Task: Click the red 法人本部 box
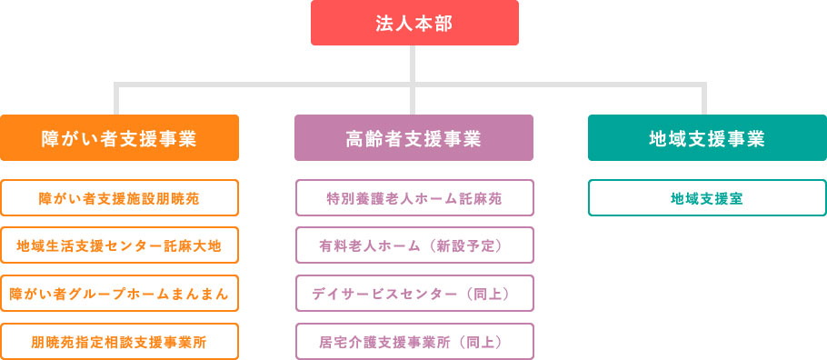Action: click(414, 23)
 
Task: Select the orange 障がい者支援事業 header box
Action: click(119, 138)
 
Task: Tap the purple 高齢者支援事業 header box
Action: click(413, 138)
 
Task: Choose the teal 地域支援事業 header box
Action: click(707, 138)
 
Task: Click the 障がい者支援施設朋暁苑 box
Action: click(119, 197)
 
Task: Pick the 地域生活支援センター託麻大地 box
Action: click(119, 245)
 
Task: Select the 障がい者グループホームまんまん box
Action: click(119, 294)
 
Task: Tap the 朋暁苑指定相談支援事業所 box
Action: click(119, 342)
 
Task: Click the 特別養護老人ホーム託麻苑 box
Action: click(413, 197)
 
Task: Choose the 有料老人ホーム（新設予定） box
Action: click(413, 245)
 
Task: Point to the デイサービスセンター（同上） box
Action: click(413, 294)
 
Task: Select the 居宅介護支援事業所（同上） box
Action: click(413, 342)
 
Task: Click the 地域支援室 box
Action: click(707, 197)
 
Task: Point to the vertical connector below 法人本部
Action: click(414, 64)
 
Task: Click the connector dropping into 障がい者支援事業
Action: click(117, 100)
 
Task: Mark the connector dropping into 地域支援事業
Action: click(704, 100)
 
